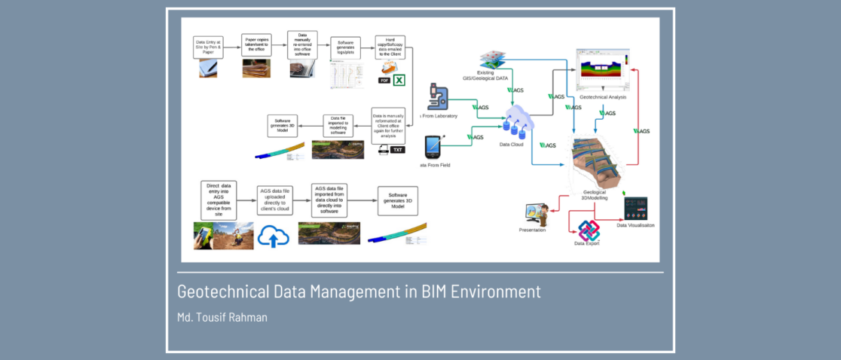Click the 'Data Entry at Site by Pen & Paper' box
pos(209,47)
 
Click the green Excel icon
pos(400,81)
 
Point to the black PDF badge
pos(384,81)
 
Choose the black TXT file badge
pos(398,150)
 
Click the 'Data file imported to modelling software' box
pos(338,125)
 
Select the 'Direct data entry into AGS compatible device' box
pos(215,199)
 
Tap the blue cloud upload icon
pos(274,236)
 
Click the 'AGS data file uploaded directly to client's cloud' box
pos(275,201)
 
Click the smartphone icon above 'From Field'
pos(435,145)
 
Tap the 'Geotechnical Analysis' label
pos(603,97)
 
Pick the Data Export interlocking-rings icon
pos(588,230)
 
